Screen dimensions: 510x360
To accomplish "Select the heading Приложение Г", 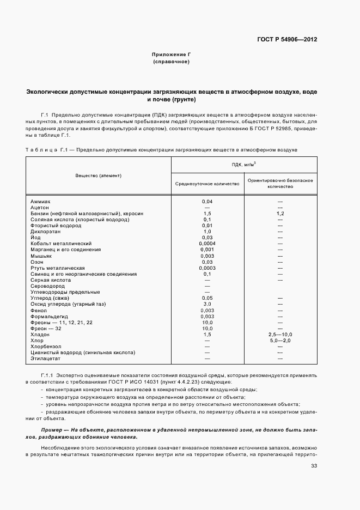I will [171, 55].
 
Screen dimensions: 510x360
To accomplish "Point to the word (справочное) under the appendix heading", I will [171, 63].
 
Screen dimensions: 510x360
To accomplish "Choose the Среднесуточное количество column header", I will [207, 184].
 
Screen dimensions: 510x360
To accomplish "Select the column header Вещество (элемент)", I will [99, 175].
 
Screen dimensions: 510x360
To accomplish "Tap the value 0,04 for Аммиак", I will [207, 202].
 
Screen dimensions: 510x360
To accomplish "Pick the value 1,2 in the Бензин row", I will [280, 214].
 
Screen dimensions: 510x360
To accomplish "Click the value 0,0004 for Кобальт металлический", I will [207, 244].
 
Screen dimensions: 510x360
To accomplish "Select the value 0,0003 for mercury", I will [207, 268].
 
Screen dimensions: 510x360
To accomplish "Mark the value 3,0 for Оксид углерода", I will [207, 304].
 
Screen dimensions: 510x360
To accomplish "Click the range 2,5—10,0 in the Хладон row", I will [280, 334].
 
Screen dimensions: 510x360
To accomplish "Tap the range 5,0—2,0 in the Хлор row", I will [280, 340].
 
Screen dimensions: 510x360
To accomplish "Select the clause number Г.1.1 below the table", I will [48, 376].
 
